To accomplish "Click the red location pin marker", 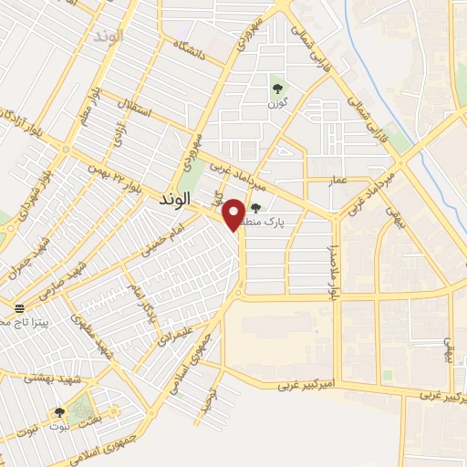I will coord(234,214).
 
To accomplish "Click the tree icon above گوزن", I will coord(277,88).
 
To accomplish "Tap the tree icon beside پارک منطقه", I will coord(254,208).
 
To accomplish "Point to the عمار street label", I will coord(339,182).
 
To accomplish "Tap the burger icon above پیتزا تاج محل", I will coord(19,308).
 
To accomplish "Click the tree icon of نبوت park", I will coord(59,412).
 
